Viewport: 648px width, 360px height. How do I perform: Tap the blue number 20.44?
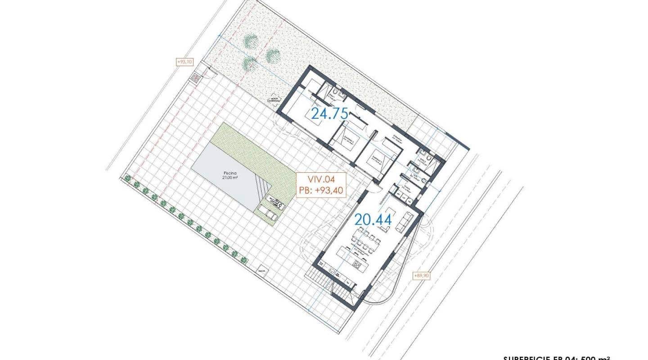(x=373, y=220)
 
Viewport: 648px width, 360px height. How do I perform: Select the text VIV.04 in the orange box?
(x=321, y=180)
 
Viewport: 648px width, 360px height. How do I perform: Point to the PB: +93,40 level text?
(x=321, y=191)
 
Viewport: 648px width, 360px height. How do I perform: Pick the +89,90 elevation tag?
(x=421, y=275)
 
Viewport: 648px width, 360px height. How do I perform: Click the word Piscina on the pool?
(x=230, y=172)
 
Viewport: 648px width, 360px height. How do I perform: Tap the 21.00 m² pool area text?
(x=230, y=177)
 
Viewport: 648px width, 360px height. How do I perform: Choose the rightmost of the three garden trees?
(x=273, y=56)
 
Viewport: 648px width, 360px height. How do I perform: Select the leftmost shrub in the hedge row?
(x=128, y=179)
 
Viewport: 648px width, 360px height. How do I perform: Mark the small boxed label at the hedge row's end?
(x=261, y=271)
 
